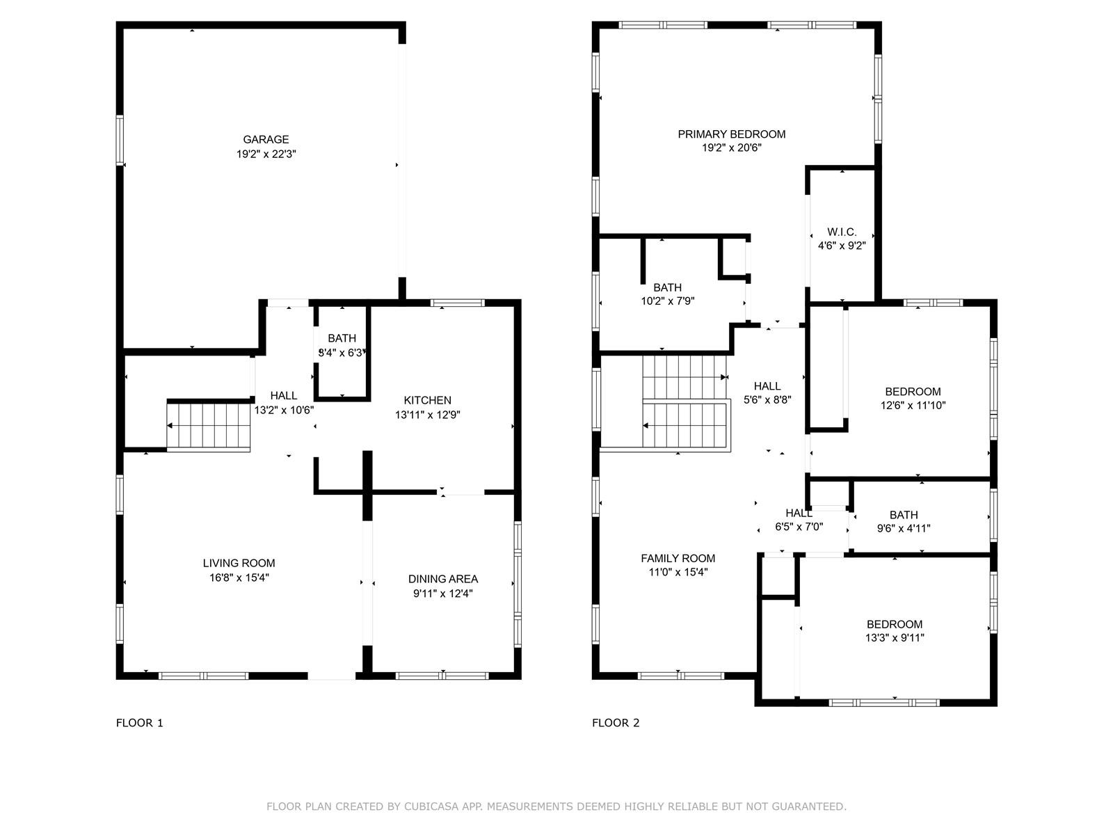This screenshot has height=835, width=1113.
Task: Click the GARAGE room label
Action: click(x=266, y=139)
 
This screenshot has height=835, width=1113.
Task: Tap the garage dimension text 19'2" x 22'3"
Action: click(x=266, y=154)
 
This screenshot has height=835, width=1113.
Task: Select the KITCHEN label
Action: click(x=427, y=401)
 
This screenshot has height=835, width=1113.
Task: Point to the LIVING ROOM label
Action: click(x=239, y=563)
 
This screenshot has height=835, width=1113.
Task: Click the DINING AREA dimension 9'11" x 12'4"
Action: click(x=443, y=594)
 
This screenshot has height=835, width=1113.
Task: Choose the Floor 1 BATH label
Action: click(x=342, y=338)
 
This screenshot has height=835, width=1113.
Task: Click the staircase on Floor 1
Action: click(x=209, y=426)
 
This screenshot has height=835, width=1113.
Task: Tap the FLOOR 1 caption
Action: click(x=139, y=723)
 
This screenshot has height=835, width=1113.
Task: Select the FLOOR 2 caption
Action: click(x=616, y=723)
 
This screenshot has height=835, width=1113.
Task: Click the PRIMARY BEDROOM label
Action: click(x=732, y=134)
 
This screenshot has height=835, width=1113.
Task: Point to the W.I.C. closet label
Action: click(x=842, y=232)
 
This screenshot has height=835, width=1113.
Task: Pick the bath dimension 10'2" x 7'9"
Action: click(x=667, y=301)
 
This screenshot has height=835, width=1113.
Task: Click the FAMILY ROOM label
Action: click(x=678, y=559)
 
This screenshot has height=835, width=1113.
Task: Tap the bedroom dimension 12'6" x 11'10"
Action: click(x=913, y=406)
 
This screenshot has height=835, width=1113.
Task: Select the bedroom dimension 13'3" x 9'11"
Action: click(x=895, y=638)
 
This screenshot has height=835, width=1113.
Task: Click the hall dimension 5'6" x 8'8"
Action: click(x=767, y=400)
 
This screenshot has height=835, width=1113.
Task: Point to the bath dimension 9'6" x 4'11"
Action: click(x=904, y=529)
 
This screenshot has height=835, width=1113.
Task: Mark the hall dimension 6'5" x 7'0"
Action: click(x=799, y=527)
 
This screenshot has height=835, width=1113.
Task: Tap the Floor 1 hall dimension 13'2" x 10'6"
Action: click(x=284, y=410)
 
